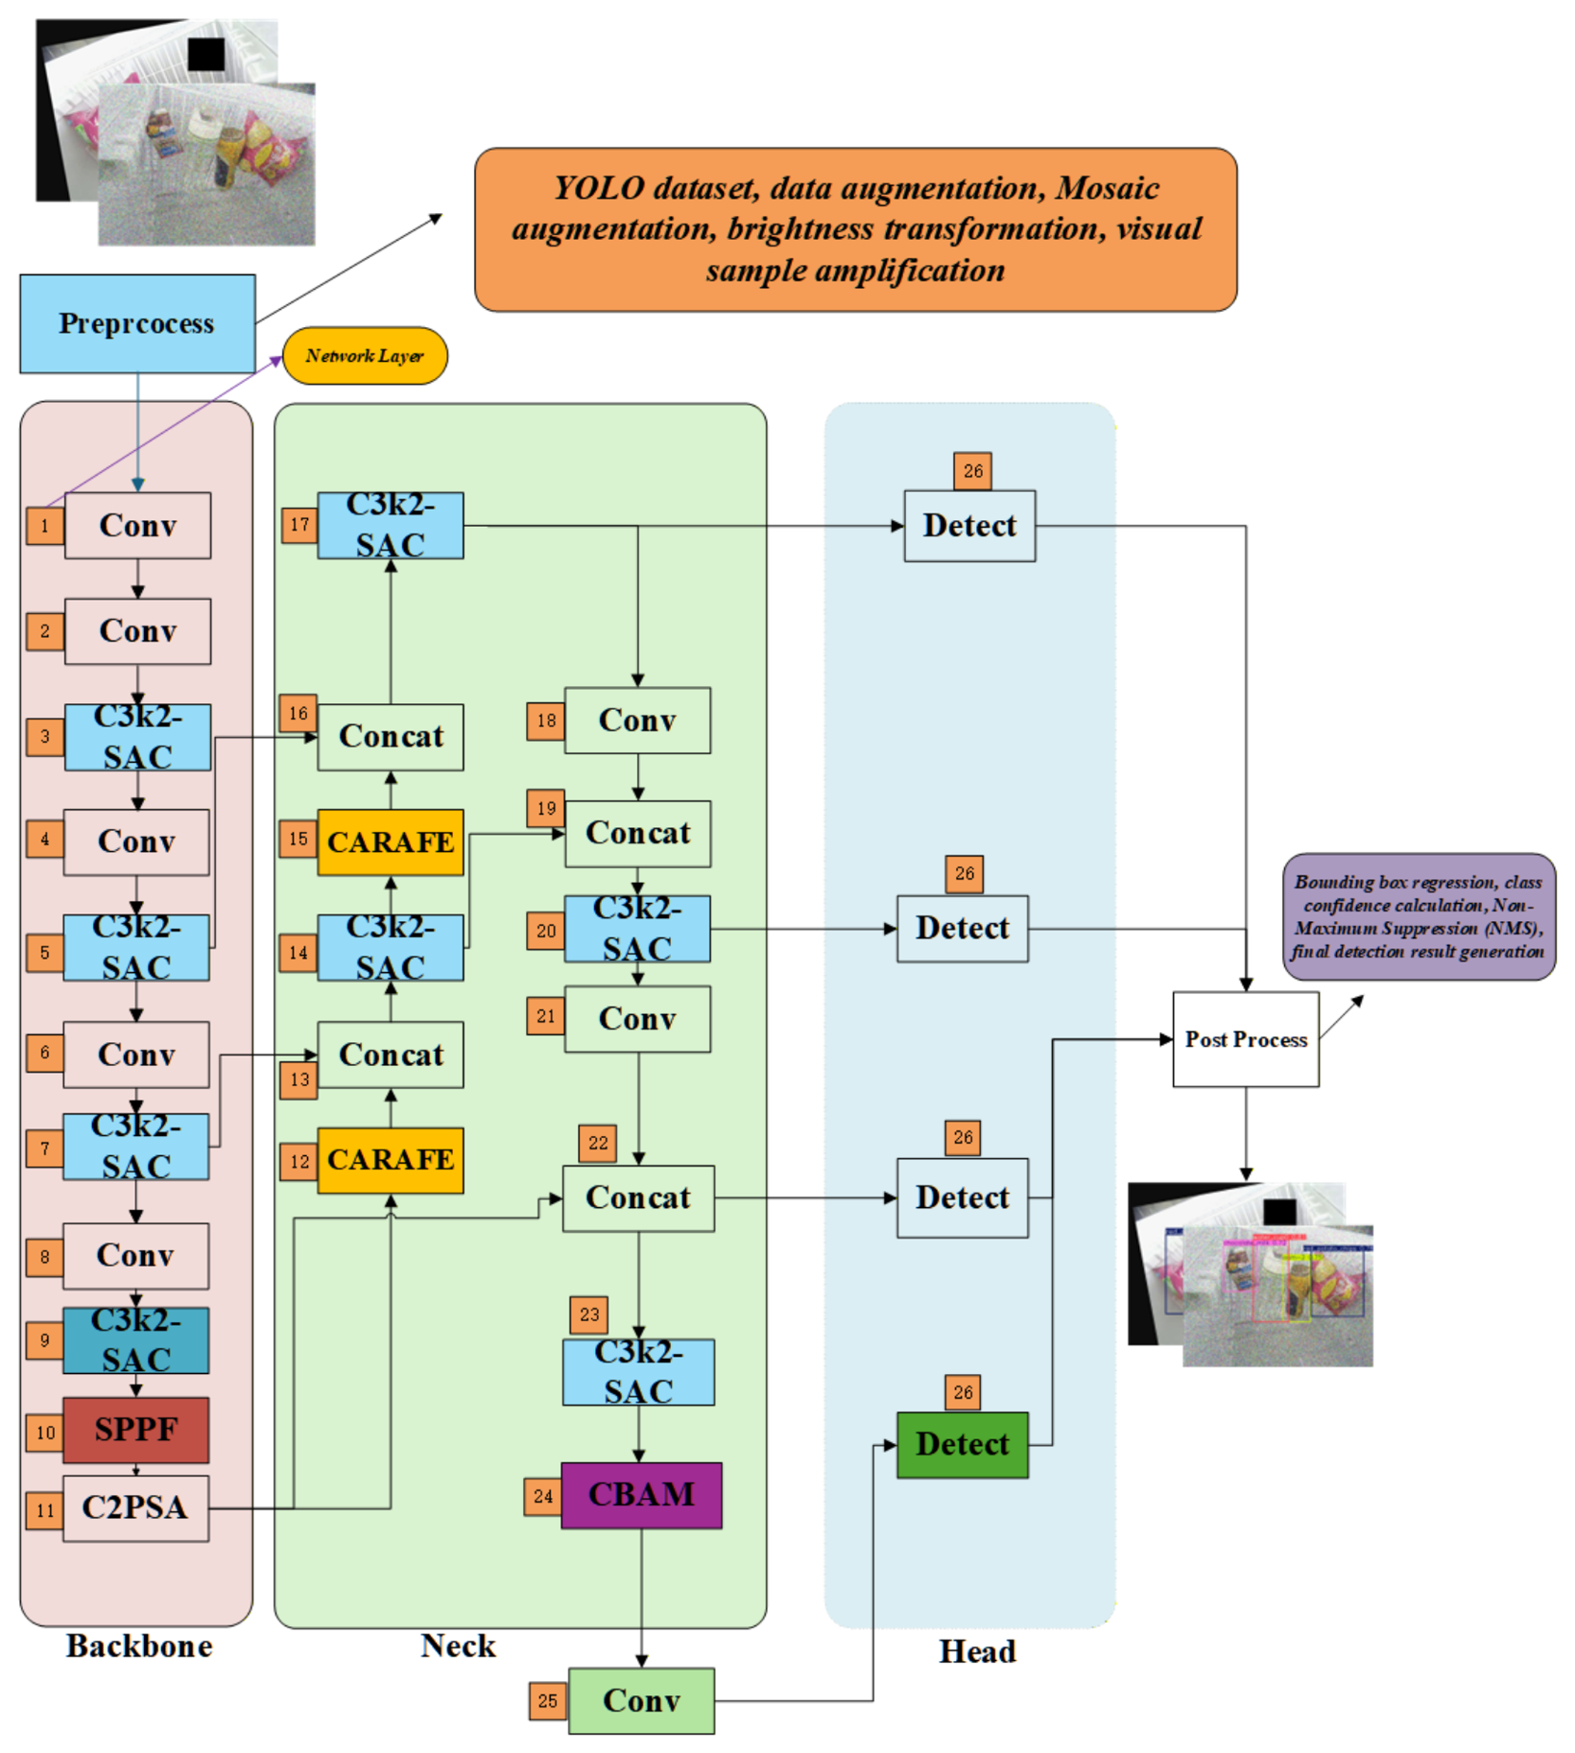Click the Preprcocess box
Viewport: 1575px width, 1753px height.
pyautogui.click(x=137, y=323)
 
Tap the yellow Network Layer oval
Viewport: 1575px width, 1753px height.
pyautogui.click(x=365, y=356)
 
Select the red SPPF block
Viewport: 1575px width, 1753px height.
pyautogui.click(x=136, y=1430)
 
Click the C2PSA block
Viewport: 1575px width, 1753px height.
pyautogui.click(x=136, y=1508)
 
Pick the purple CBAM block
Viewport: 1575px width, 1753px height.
pyautogui.click(x=641, y=1495)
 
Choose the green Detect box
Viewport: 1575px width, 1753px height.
pyautogui.click(x=963, y=1444)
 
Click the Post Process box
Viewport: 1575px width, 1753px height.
pyautogui.click(x=1246, y=1039)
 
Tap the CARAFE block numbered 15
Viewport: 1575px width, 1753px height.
pyautogui.click(x=391, y=841)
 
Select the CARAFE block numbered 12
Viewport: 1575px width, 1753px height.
pyautogui.click(x=391, y=1160)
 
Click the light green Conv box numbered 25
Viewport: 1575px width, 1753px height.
pyautogui.click(x=641, y=1700)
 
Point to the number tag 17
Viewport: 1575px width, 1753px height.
pyautogui.click(x=299, y=525)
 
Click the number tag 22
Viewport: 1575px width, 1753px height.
pyautogui.click(x=598, y=1143)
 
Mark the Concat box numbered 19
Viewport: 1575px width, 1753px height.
pyautogui.click(x=638, y=834)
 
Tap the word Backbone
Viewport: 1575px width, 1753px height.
pyautogui.click(x=139, y=1646)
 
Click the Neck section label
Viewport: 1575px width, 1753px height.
pyautogui.click(x=458, y=1646)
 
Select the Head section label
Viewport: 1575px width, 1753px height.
pyautogui.click(x=977, y=1651)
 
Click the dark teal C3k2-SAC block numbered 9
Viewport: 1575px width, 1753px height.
pyautogui.click(x=136, y=1340)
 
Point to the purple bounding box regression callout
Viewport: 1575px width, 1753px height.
pyautogui.click(x=1419, y=916)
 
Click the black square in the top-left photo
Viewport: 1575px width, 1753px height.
pyautogui.click(x=206, y=54)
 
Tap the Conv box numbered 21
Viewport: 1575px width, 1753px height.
pyautogui.click(x=638, y=1019)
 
